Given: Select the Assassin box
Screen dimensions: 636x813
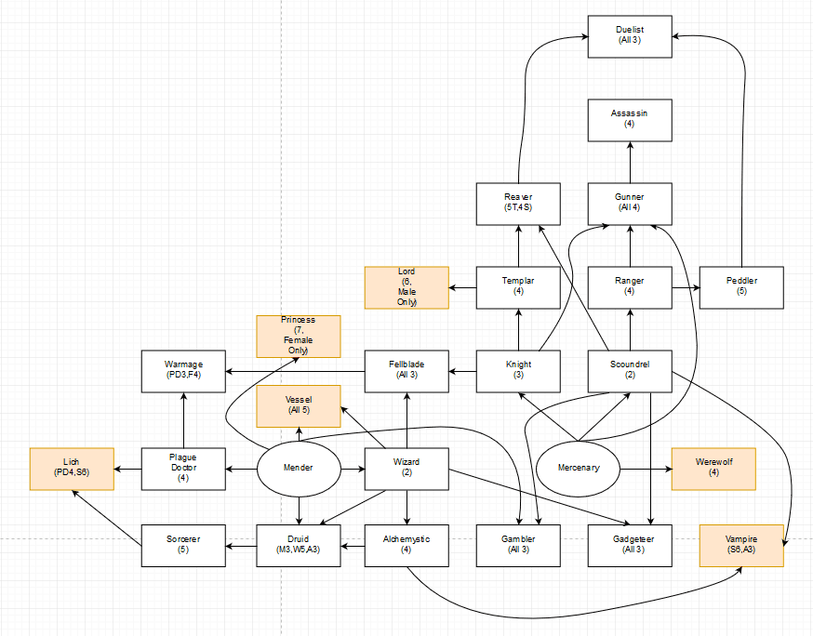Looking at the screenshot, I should coord(630,119).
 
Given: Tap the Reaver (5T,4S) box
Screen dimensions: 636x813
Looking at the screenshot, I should coord(518,204).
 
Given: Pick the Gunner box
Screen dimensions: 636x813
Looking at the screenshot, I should coord(630,204).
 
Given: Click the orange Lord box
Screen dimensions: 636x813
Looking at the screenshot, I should coord(406,287).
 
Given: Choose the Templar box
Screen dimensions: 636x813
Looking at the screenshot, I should coord(518,287).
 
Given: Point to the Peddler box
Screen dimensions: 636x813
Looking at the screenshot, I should coord(741,287).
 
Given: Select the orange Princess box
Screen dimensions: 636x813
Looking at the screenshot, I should coord(298,336).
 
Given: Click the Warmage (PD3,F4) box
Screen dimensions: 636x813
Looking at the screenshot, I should coord(183,371).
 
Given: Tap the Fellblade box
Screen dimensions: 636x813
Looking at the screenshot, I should coord(406,371).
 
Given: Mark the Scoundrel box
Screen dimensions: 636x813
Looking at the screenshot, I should coord(630,371).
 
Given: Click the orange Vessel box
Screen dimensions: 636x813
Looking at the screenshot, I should coord(298,405).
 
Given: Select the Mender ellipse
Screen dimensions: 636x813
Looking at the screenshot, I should coord(298,469).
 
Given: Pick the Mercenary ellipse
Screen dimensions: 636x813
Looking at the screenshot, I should coord(579,469).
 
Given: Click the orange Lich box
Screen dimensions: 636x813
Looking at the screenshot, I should coord(72,469).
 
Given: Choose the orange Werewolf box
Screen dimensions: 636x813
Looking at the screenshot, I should coord(713,469).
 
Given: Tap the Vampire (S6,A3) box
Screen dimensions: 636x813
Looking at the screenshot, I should coord(741,546).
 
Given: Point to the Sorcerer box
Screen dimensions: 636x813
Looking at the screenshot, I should coord(183,546).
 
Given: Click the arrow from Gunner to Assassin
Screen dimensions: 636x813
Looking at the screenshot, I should coord(630,162).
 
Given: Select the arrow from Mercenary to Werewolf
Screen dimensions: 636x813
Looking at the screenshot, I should coord(646,469).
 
